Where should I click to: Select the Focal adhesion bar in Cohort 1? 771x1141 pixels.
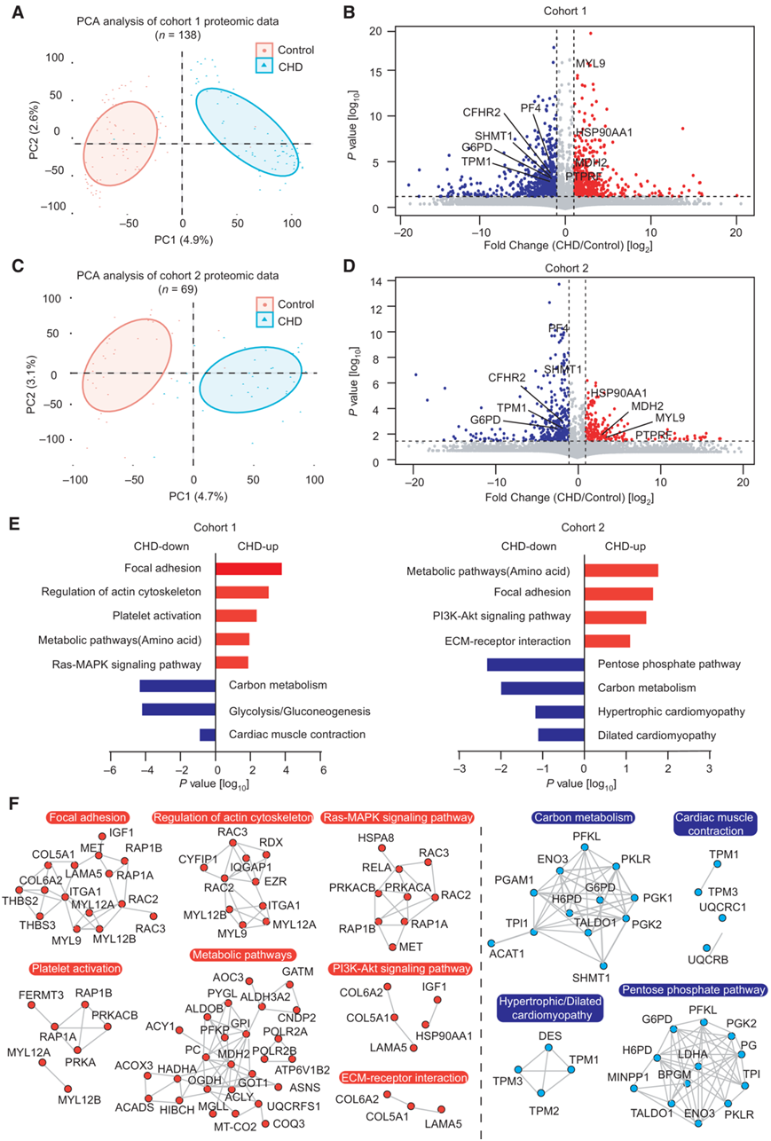pos(249,569)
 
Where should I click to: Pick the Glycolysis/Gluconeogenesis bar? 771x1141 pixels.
pos(179,711)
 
